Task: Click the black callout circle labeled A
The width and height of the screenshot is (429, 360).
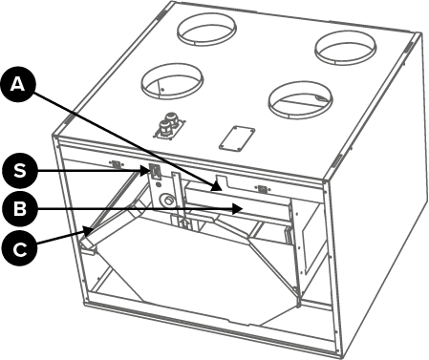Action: point(18,84)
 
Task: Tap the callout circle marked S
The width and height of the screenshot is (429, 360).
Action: point(20,171)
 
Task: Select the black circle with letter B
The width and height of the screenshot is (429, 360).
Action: point(20,209)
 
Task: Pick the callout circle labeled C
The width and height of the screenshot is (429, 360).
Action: point(19,248)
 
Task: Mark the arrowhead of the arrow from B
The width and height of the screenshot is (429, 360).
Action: point(238,209)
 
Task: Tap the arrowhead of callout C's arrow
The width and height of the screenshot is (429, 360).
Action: point(89,230)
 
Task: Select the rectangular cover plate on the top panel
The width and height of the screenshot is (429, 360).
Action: point(237,138)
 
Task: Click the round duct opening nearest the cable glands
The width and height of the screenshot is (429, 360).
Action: point(172,81)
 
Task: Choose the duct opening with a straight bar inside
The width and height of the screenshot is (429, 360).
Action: point(301,100)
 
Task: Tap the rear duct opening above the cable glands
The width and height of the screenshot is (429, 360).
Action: point(206,29)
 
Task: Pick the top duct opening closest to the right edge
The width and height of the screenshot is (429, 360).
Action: point(346,48)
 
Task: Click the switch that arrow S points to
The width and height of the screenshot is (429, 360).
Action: point(155,172)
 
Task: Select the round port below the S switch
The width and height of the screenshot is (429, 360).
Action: point(168,201)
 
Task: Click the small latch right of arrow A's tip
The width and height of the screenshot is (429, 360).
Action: point(262,188)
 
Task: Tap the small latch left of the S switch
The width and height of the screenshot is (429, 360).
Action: point(117,164)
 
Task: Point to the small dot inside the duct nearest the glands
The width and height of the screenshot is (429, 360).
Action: point(162,90)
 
